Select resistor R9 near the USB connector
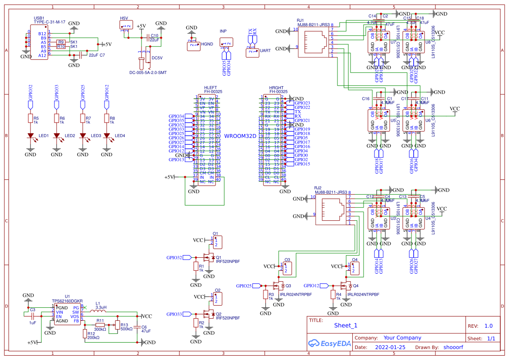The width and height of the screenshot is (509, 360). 61,42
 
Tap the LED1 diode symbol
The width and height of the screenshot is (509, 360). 30,136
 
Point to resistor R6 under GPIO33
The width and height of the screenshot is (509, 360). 56,118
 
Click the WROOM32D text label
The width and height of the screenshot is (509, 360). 240,136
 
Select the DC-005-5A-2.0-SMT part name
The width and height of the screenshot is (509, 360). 148,72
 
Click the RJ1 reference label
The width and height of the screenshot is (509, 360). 300,20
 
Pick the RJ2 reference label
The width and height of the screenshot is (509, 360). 318,188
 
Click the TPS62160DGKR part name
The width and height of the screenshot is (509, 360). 67,301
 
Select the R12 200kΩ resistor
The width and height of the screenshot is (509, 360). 84,333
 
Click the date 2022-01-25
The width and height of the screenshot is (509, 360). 390,347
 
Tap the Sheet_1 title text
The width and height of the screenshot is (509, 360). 346,325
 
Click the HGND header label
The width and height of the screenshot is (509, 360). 207,44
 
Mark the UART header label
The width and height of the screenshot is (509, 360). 265,51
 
